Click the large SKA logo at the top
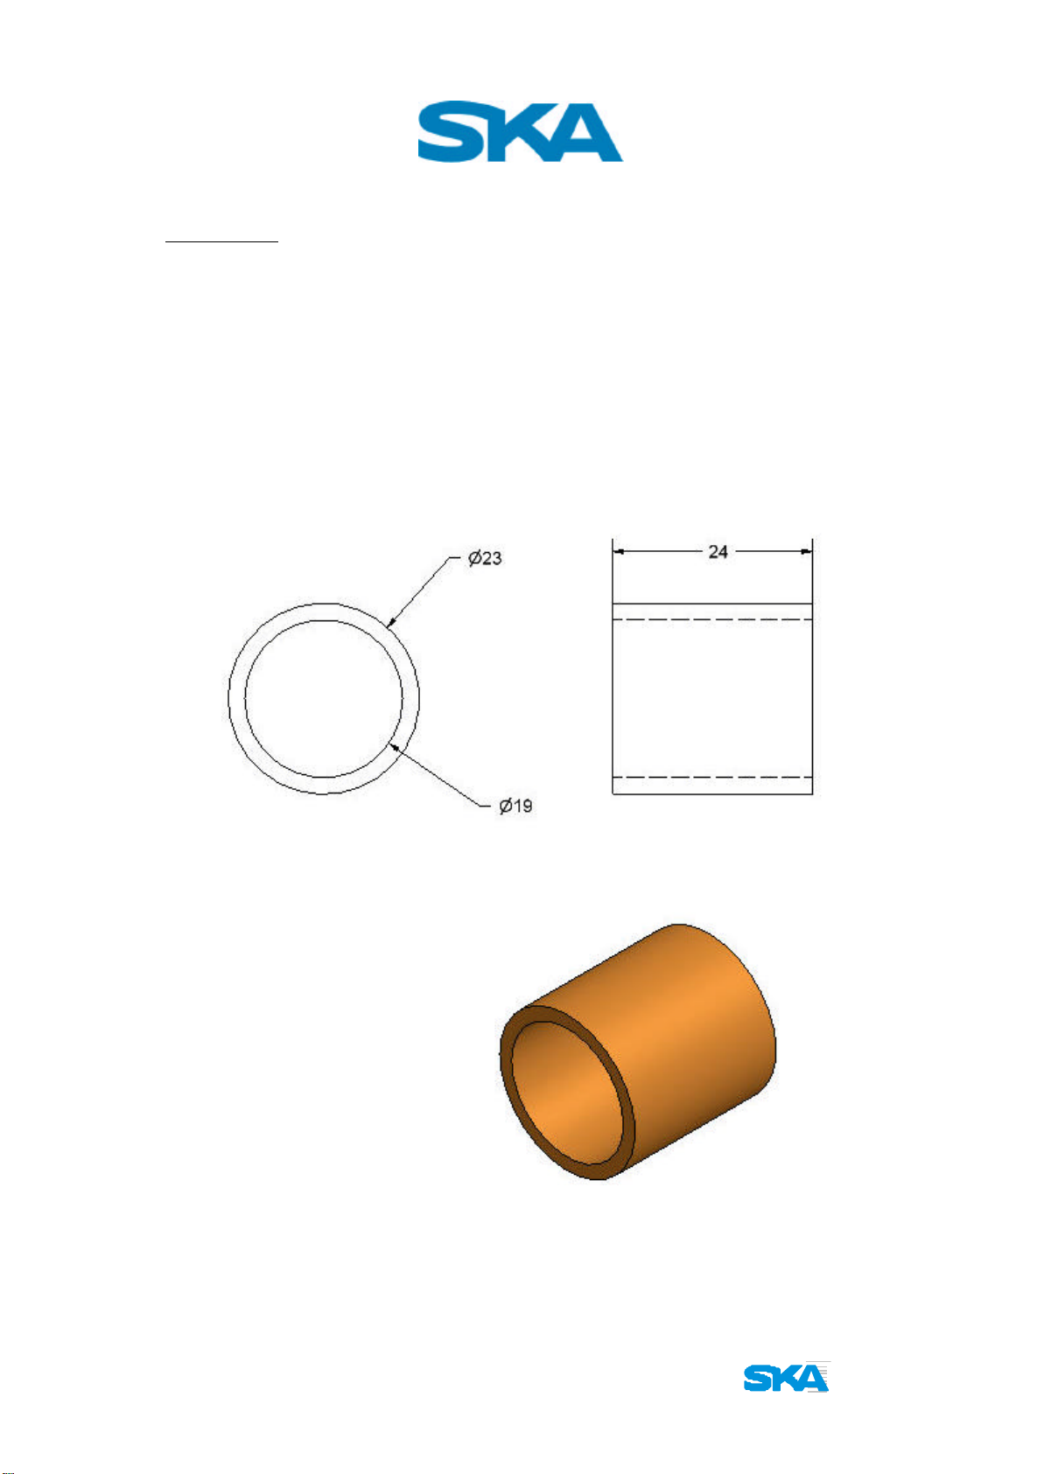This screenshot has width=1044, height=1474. [x=520, y=131]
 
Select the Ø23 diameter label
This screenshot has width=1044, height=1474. [x=485, y=558]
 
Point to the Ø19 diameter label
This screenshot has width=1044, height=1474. [x=515, y=806]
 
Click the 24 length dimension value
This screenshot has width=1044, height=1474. [x=718, y=551]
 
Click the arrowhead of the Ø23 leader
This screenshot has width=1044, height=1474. [x=390, y=622]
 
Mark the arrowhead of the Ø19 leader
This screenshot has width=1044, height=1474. [x=394, y=747]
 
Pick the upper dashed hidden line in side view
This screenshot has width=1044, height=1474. [x=712, y=619]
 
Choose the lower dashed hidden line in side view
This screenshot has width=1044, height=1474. [x=712, y=777]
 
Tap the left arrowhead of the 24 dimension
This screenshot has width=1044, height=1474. [x=619, y=551]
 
